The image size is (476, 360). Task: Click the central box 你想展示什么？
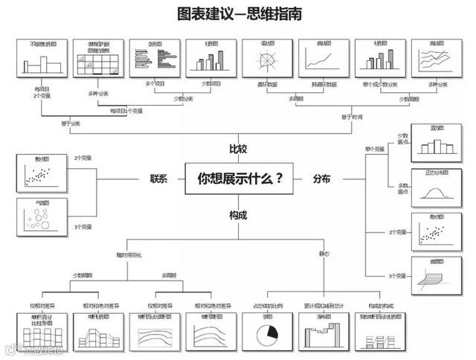238,179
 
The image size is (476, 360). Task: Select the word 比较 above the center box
238,147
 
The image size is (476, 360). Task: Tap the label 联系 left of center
158,179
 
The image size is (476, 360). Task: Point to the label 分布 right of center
322,179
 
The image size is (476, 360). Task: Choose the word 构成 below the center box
238,215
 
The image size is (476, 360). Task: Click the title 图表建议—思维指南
239,14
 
